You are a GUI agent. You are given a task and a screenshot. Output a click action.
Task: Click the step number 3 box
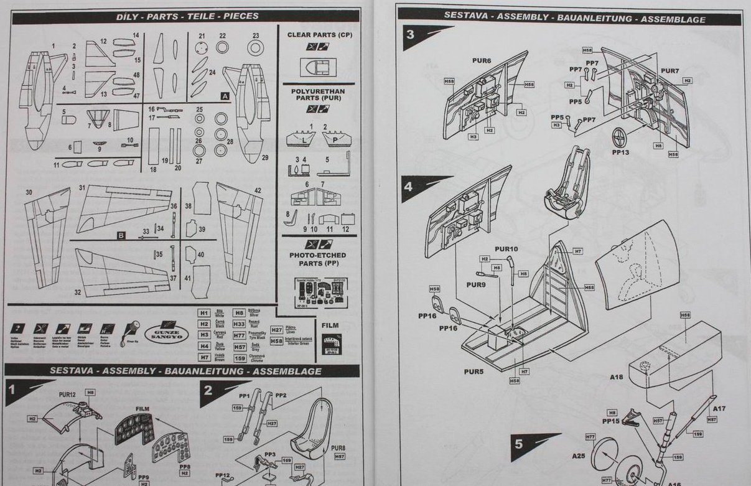pos(410,35)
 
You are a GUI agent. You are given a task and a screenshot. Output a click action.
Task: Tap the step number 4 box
pos(408,186)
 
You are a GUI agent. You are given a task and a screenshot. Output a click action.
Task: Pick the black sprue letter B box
pos(121,235)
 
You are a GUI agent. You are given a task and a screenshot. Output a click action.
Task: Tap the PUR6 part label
pos(482,61)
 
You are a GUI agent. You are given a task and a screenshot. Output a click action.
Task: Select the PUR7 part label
pos(670,71)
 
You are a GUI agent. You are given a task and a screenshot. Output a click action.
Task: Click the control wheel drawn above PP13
pos(620,136)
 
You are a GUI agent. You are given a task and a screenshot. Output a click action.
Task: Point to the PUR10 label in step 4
pos(506,249)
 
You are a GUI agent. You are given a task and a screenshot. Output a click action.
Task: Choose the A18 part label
pos(616,377)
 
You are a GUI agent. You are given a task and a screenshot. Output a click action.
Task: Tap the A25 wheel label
pos(579,456)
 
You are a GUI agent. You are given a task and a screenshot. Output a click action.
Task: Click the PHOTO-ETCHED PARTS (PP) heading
pos(318,259)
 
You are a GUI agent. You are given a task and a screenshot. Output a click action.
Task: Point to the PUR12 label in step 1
pos(67,395)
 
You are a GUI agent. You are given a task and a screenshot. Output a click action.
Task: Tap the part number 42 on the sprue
pos(258,190)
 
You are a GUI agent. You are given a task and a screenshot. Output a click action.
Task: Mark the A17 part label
pos(719,408)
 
